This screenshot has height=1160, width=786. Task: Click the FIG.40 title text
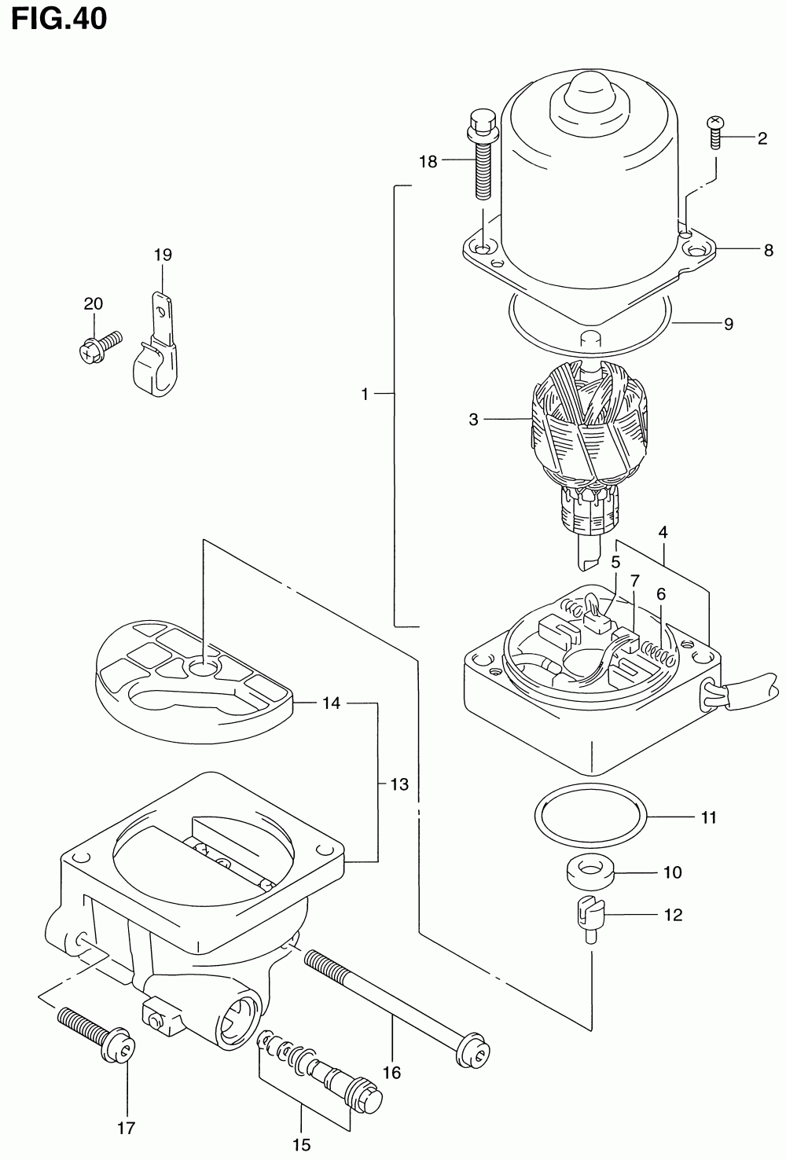tap(59, 18)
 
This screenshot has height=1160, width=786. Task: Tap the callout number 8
tap(768, 251)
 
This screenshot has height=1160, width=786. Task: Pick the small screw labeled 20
tap(99, 346)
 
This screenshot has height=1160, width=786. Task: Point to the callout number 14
tap(331, 703)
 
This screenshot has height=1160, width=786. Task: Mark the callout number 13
tap(399, 784)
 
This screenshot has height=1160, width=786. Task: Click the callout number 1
tap(365, 395)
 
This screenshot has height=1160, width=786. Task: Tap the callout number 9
tap(728, 324)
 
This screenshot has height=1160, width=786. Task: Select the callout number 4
tap(663, 532)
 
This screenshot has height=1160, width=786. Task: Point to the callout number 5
tap(615, 562)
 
